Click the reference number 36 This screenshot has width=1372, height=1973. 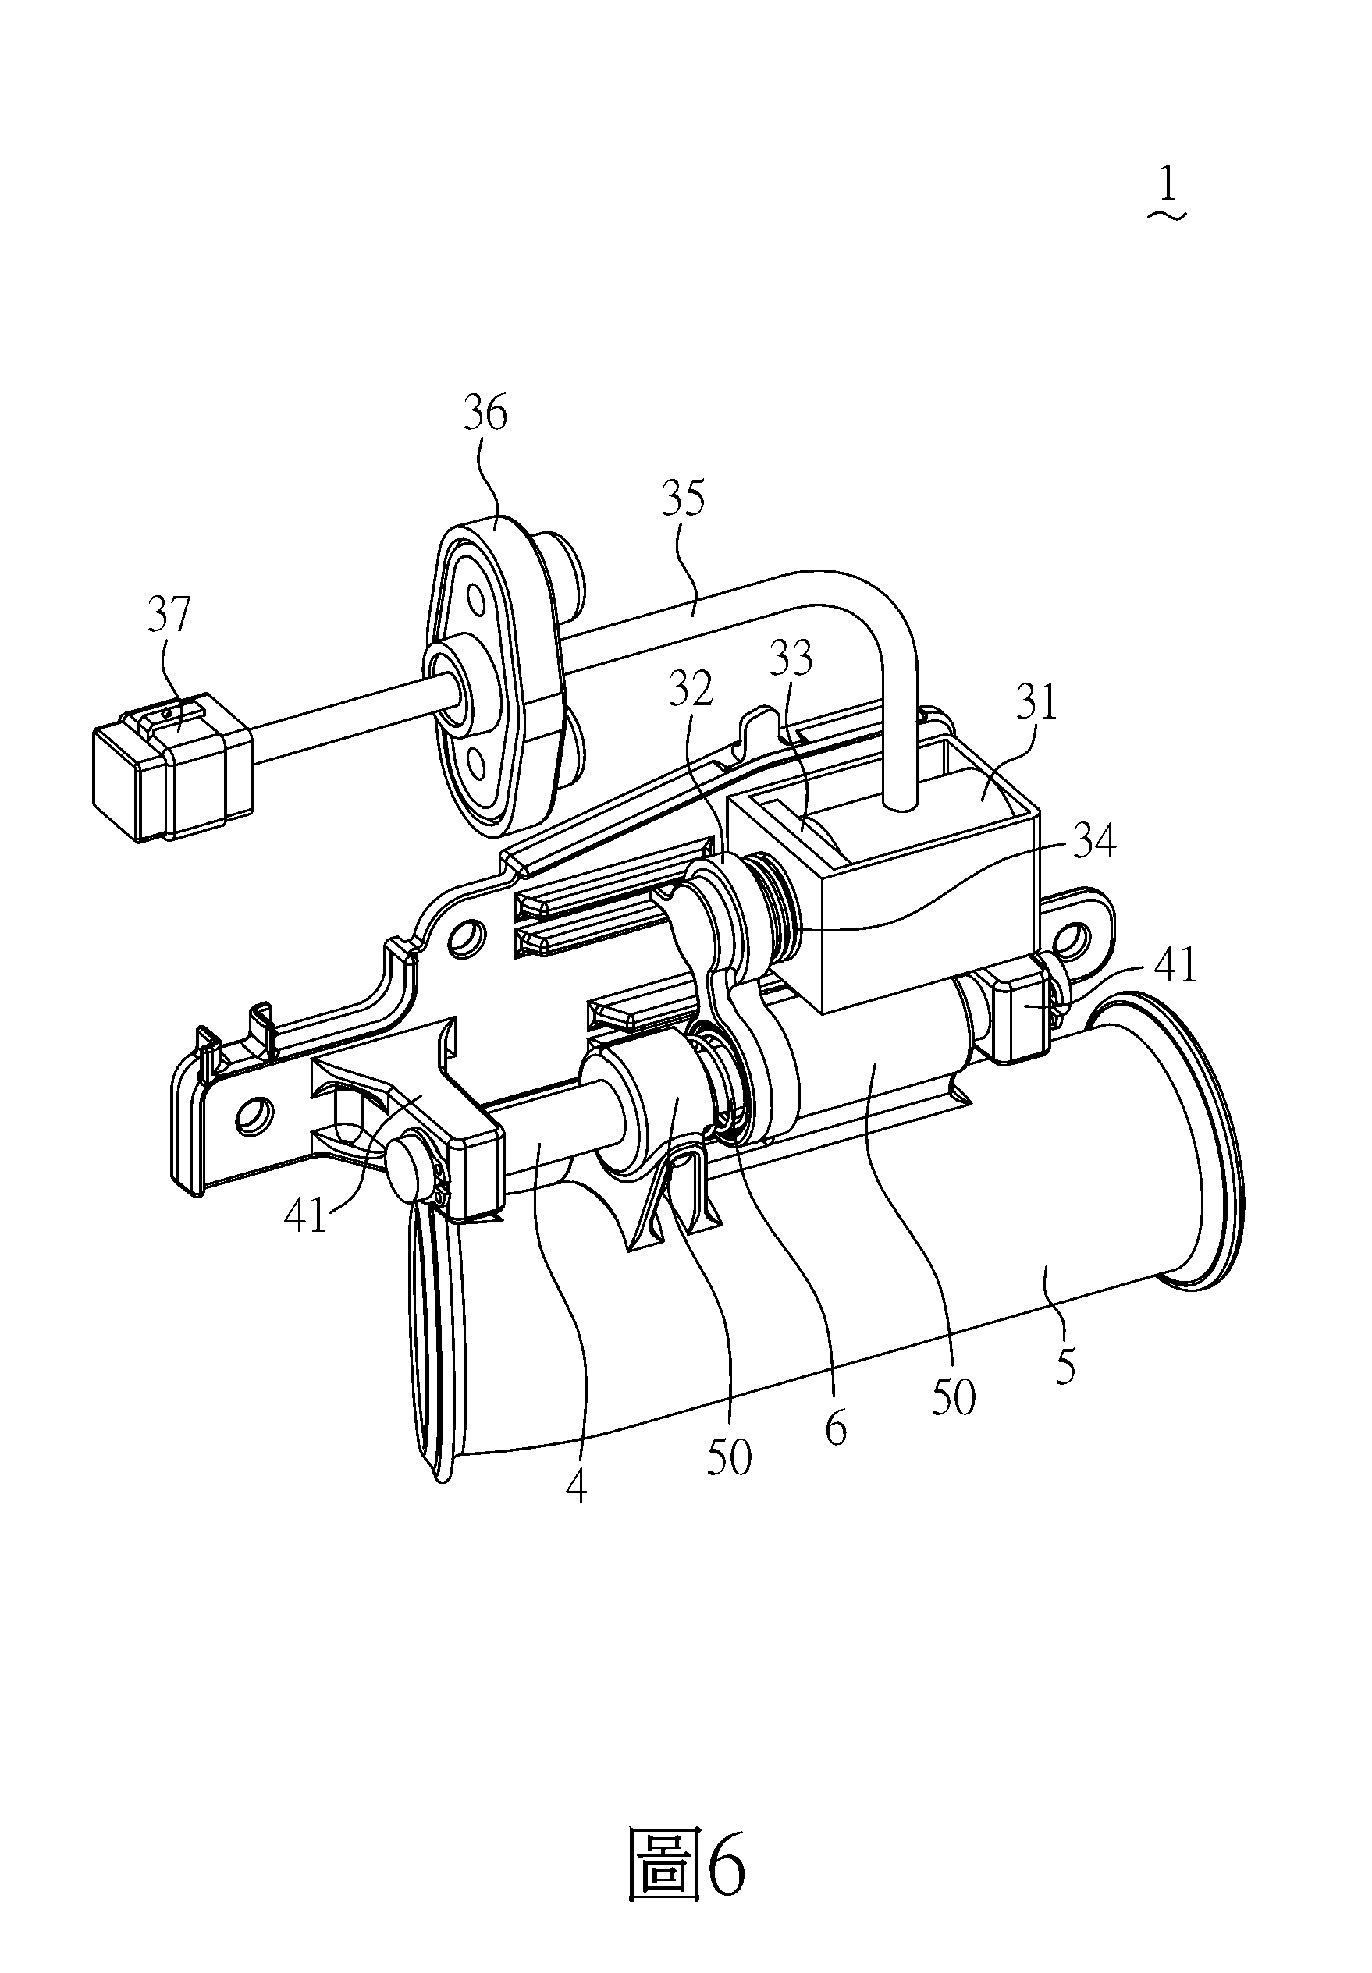[x=485, y=413]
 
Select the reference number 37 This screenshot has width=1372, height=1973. [x=169, y=616]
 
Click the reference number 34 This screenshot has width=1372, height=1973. [x=1093, y=840]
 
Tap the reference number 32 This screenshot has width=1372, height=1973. [x=694, y=688]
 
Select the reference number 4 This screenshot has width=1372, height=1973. [x=577, y=1484]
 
